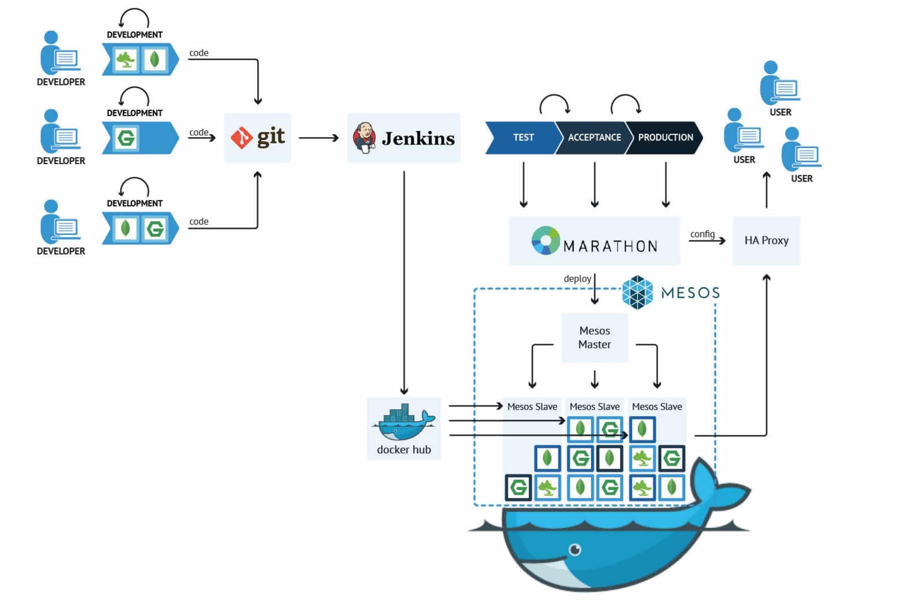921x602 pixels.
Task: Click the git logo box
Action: click(258, 138)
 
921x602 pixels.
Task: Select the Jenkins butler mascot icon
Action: click(364, 138)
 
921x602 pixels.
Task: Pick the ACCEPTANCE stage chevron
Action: click(594, 137)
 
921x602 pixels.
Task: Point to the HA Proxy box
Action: click(766, 240)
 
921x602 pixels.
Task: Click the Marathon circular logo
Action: click(545, 240)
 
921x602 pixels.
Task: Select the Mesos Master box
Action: click(594, 337)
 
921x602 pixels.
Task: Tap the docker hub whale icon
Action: click(404, 423)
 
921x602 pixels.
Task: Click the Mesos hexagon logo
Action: click(637, 293)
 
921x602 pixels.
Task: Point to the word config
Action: click(702, 234)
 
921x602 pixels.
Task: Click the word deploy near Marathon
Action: click(577, 279)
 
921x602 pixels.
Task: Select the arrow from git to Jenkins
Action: click(318, 138)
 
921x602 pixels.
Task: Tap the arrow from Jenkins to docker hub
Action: click(404, 280)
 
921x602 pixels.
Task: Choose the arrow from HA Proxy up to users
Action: click(766, 189)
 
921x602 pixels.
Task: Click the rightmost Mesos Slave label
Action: click(657, 407)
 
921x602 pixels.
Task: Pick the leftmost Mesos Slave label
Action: click(532, 407)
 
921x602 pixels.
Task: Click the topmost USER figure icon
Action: click(778, 84)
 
